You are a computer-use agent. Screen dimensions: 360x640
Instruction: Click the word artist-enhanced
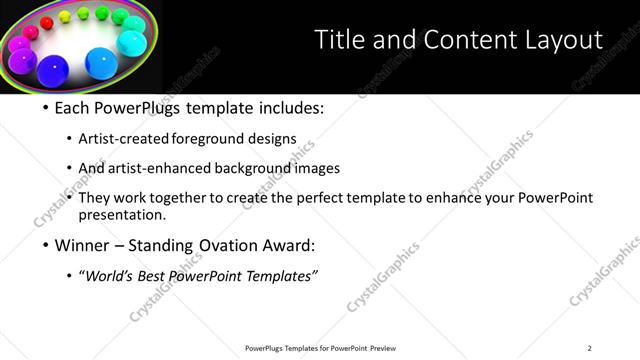[x=160, y=168]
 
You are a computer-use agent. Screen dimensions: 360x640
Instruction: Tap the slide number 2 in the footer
[x=589, y=348]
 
